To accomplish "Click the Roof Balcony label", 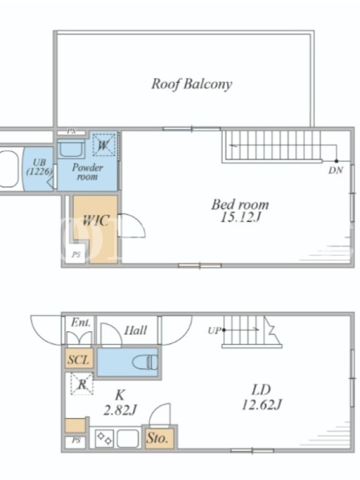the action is [191, 84].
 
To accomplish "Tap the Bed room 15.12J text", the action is [241, 211].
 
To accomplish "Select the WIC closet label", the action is [96, 220].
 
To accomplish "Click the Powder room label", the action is [87, 172].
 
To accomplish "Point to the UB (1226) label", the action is [39, 167].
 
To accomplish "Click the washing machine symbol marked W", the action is [104, 145].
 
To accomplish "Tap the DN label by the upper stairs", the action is [336, 170].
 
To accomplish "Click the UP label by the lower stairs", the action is [214, 331].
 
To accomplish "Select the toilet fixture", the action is [145, 362].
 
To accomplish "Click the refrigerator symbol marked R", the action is [82, 383].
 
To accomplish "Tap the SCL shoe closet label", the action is [79, 359].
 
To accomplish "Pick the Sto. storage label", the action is [157, 438].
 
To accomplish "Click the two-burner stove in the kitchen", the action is [104, 439].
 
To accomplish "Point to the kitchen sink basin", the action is [128, 439].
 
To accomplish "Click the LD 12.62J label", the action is [262, 398].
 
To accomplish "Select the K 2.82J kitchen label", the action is [119, 402].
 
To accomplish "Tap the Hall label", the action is [136, 330].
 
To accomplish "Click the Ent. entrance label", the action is [81, 322].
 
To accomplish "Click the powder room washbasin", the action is [71, 149].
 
